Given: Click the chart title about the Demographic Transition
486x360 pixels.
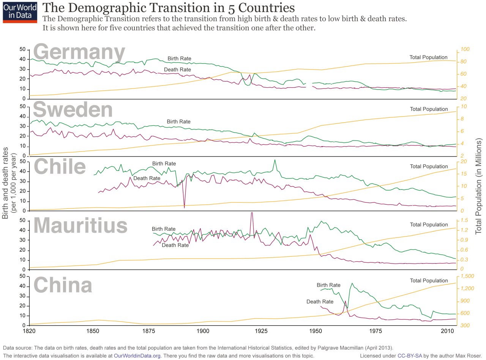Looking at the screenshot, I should click(169, 8).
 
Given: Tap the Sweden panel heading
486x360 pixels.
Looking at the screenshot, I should click(73, 110).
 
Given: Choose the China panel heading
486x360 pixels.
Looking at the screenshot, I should click(63, 284).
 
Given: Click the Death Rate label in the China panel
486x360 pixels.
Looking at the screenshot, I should click(320, 302).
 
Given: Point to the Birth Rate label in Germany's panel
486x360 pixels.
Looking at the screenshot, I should click(179, 58).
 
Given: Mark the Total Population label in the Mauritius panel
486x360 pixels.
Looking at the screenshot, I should click(429, 225).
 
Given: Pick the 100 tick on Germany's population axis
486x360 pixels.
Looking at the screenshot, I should click(465, 49).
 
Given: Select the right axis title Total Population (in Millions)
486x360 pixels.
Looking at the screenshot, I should click(479, 186).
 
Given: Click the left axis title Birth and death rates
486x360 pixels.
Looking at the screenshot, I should click(9, 186).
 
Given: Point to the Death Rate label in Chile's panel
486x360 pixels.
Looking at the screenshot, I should click(147, 178).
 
